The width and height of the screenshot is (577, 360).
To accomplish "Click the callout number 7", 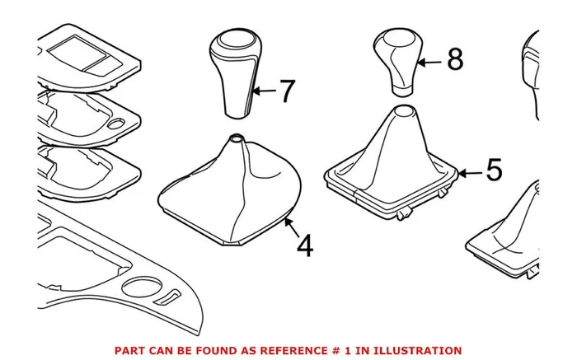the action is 288,91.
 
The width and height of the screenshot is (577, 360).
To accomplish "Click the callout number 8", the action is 455,59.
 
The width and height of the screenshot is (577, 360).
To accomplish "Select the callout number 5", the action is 495,170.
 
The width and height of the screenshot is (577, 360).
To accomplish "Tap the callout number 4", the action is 305,245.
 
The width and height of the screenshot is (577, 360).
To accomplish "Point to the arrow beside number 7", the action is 264,91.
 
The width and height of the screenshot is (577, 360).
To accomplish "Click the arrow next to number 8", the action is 429,63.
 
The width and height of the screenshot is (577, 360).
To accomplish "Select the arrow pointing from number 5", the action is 470,173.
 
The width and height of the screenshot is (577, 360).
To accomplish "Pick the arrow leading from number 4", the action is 292,227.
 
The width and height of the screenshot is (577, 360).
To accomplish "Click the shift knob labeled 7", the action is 236,72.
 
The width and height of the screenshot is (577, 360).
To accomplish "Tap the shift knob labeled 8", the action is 398,63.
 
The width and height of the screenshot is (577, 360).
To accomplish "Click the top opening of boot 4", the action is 237,138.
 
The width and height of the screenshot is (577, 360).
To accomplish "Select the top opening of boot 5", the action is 404,110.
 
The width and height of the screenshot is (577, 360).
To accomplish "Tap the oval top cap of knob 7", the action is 237,39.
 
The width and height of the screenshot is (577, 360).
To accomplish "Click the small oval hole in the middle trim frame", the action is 116,124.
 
